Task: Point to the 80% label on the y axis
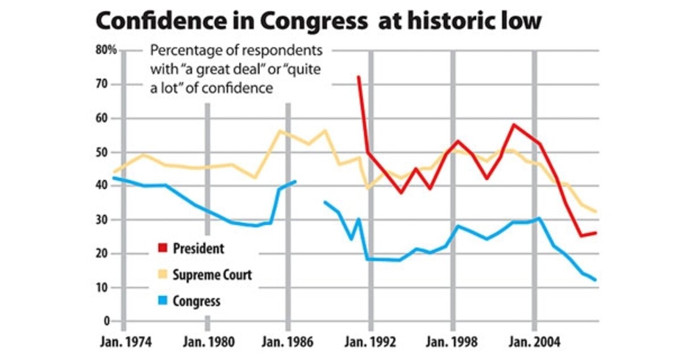tap(106, 50)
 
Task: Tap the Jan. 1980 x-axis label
tap(207, 343)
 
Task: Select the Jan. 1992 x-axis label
tap(371, 343)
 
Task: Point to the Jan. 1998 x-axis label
tap(453, 343)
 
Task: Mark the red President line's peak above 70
tap(358, 77)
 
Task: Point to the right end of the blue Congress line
tap(596, 280)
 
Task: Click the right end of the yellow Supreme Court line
tap(596, 212)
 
